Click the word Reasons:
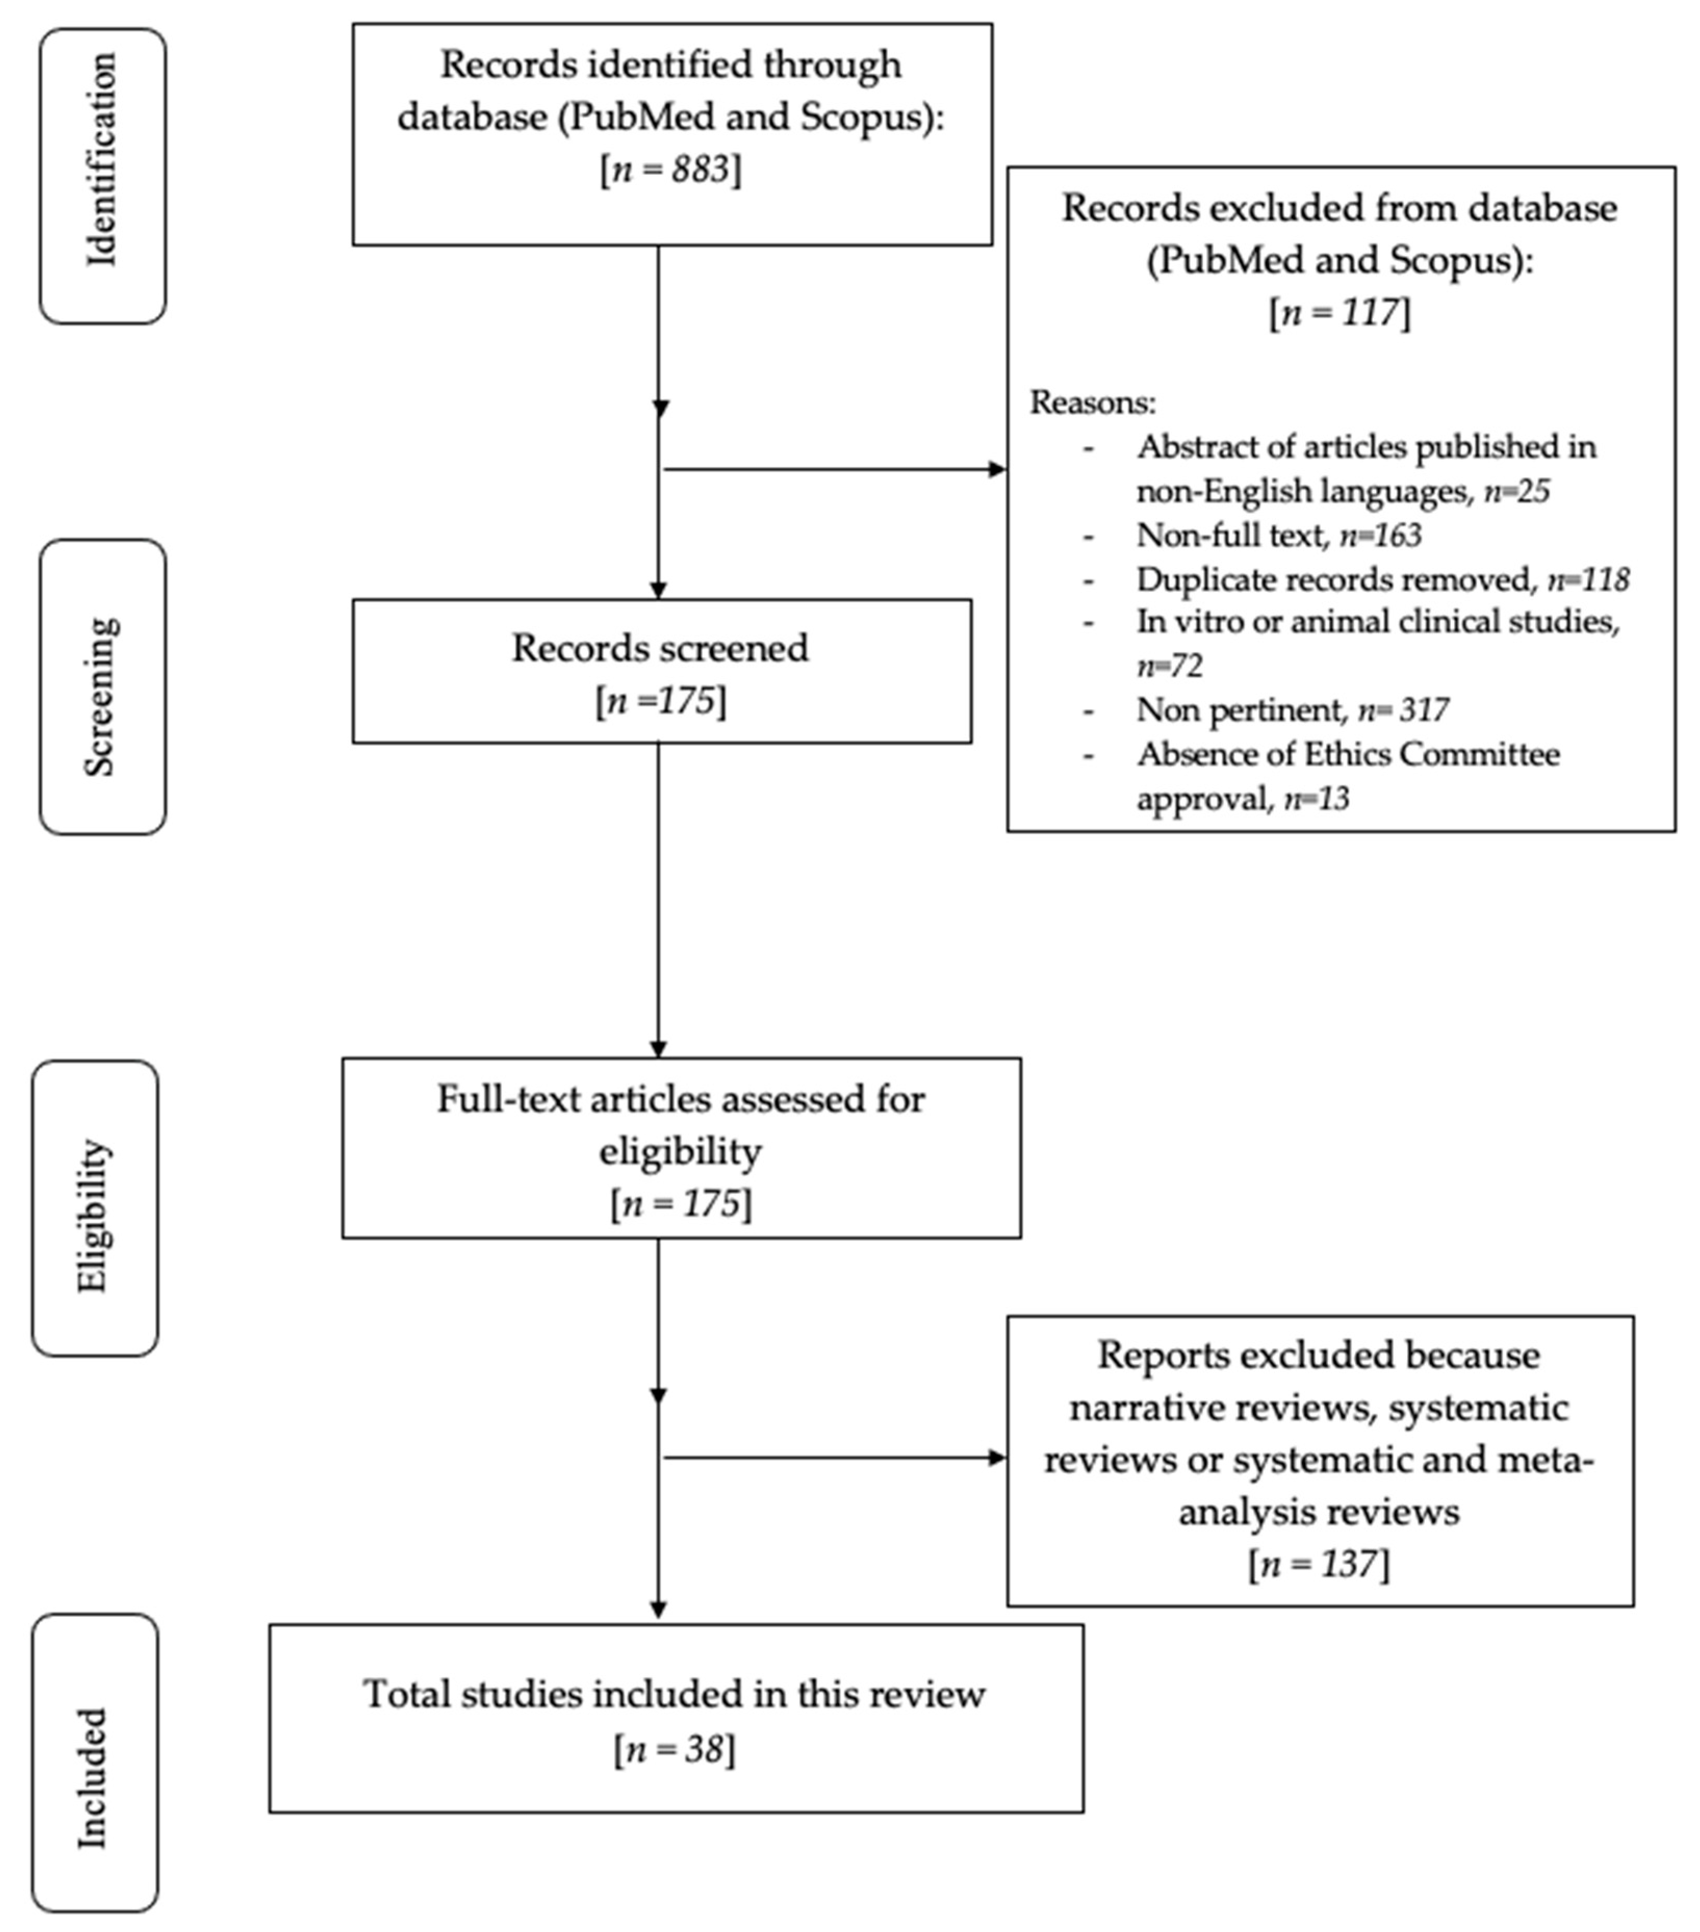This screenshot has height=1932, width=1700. tap(1092, 403)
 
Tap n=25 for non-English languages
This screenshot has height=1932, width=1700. tap(1516, 491)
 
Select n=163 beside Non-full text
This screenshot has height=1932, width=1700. tap(1381, 536)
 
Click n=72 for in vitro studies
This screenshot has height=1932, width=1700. tap(1169, 666)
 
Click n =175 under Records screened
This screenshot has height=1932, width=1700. tap(661, 702)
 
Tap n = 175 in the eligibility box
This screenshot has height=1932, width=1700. tap(681, 1203)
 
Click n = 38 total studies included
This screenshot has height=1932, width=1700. tap(674, 1749)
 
